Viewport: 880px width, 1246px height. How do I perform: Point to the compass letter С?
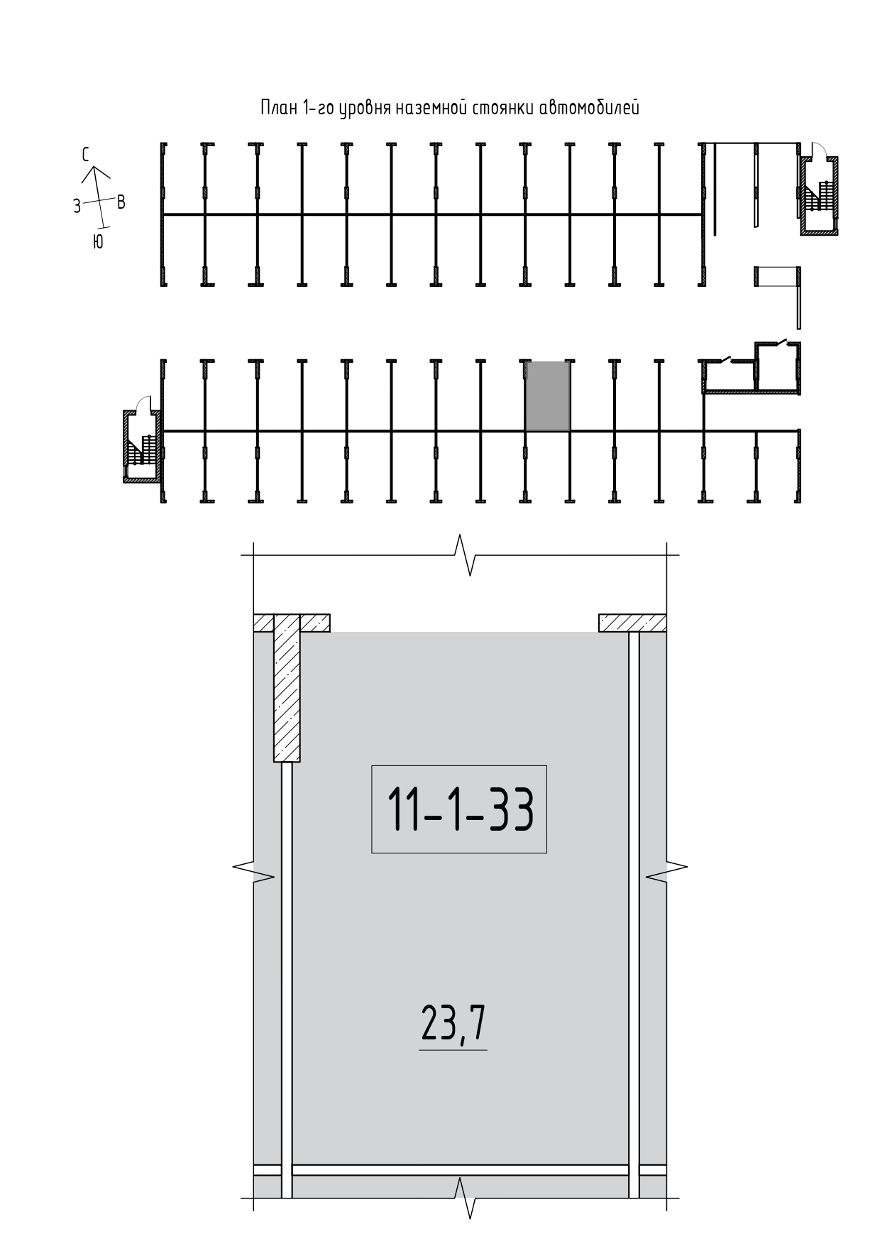click(x=85, y=155)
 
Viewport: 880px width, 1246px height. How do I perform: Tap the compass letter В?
click(x=121, y=202)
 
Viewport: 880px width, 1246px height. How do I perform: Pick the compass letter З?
click(x=77, y=207)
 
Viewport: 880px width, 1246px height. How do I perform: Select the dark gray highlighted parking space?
click(x=547, y=396)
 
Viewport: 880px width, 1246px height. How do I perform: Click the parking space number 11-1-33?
click(x=460, y=809)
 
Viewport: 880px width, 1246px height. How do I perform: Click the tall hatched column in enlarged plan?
click(x=287, y=687)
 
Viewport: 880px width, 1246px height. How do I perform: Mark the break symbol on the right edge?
click(x=666, y=867)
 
